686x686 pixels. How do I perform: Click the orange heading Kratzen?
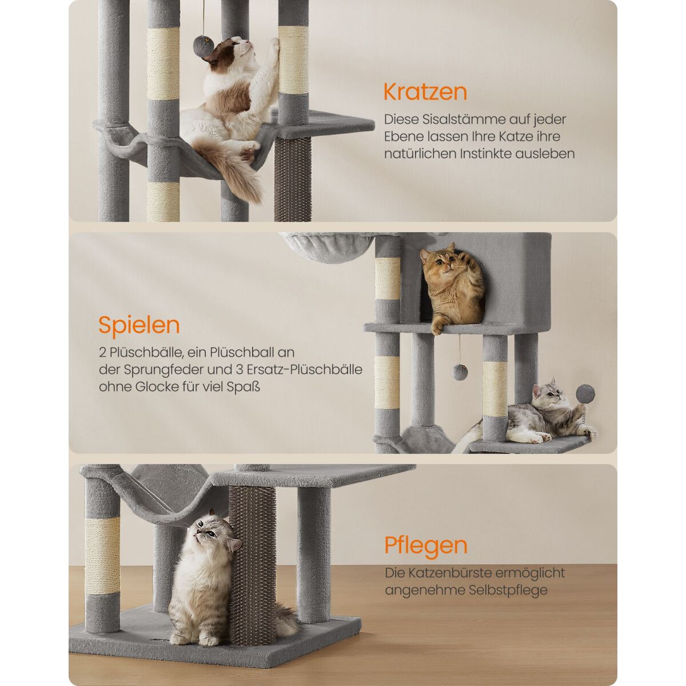click(x=425, y=92)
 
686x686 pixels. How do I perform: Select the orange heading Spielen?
click(x=139, y=325)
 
